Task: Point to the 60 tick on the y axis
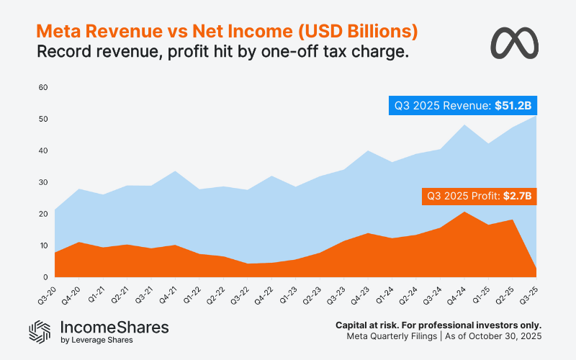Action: [x=42, y=87]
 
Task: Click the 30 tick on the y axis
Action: [x=42, y=182]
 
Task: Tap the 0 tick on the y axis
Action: [x=45, y=277]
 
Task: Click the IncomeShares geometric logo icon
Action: [x=40, y=330]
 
